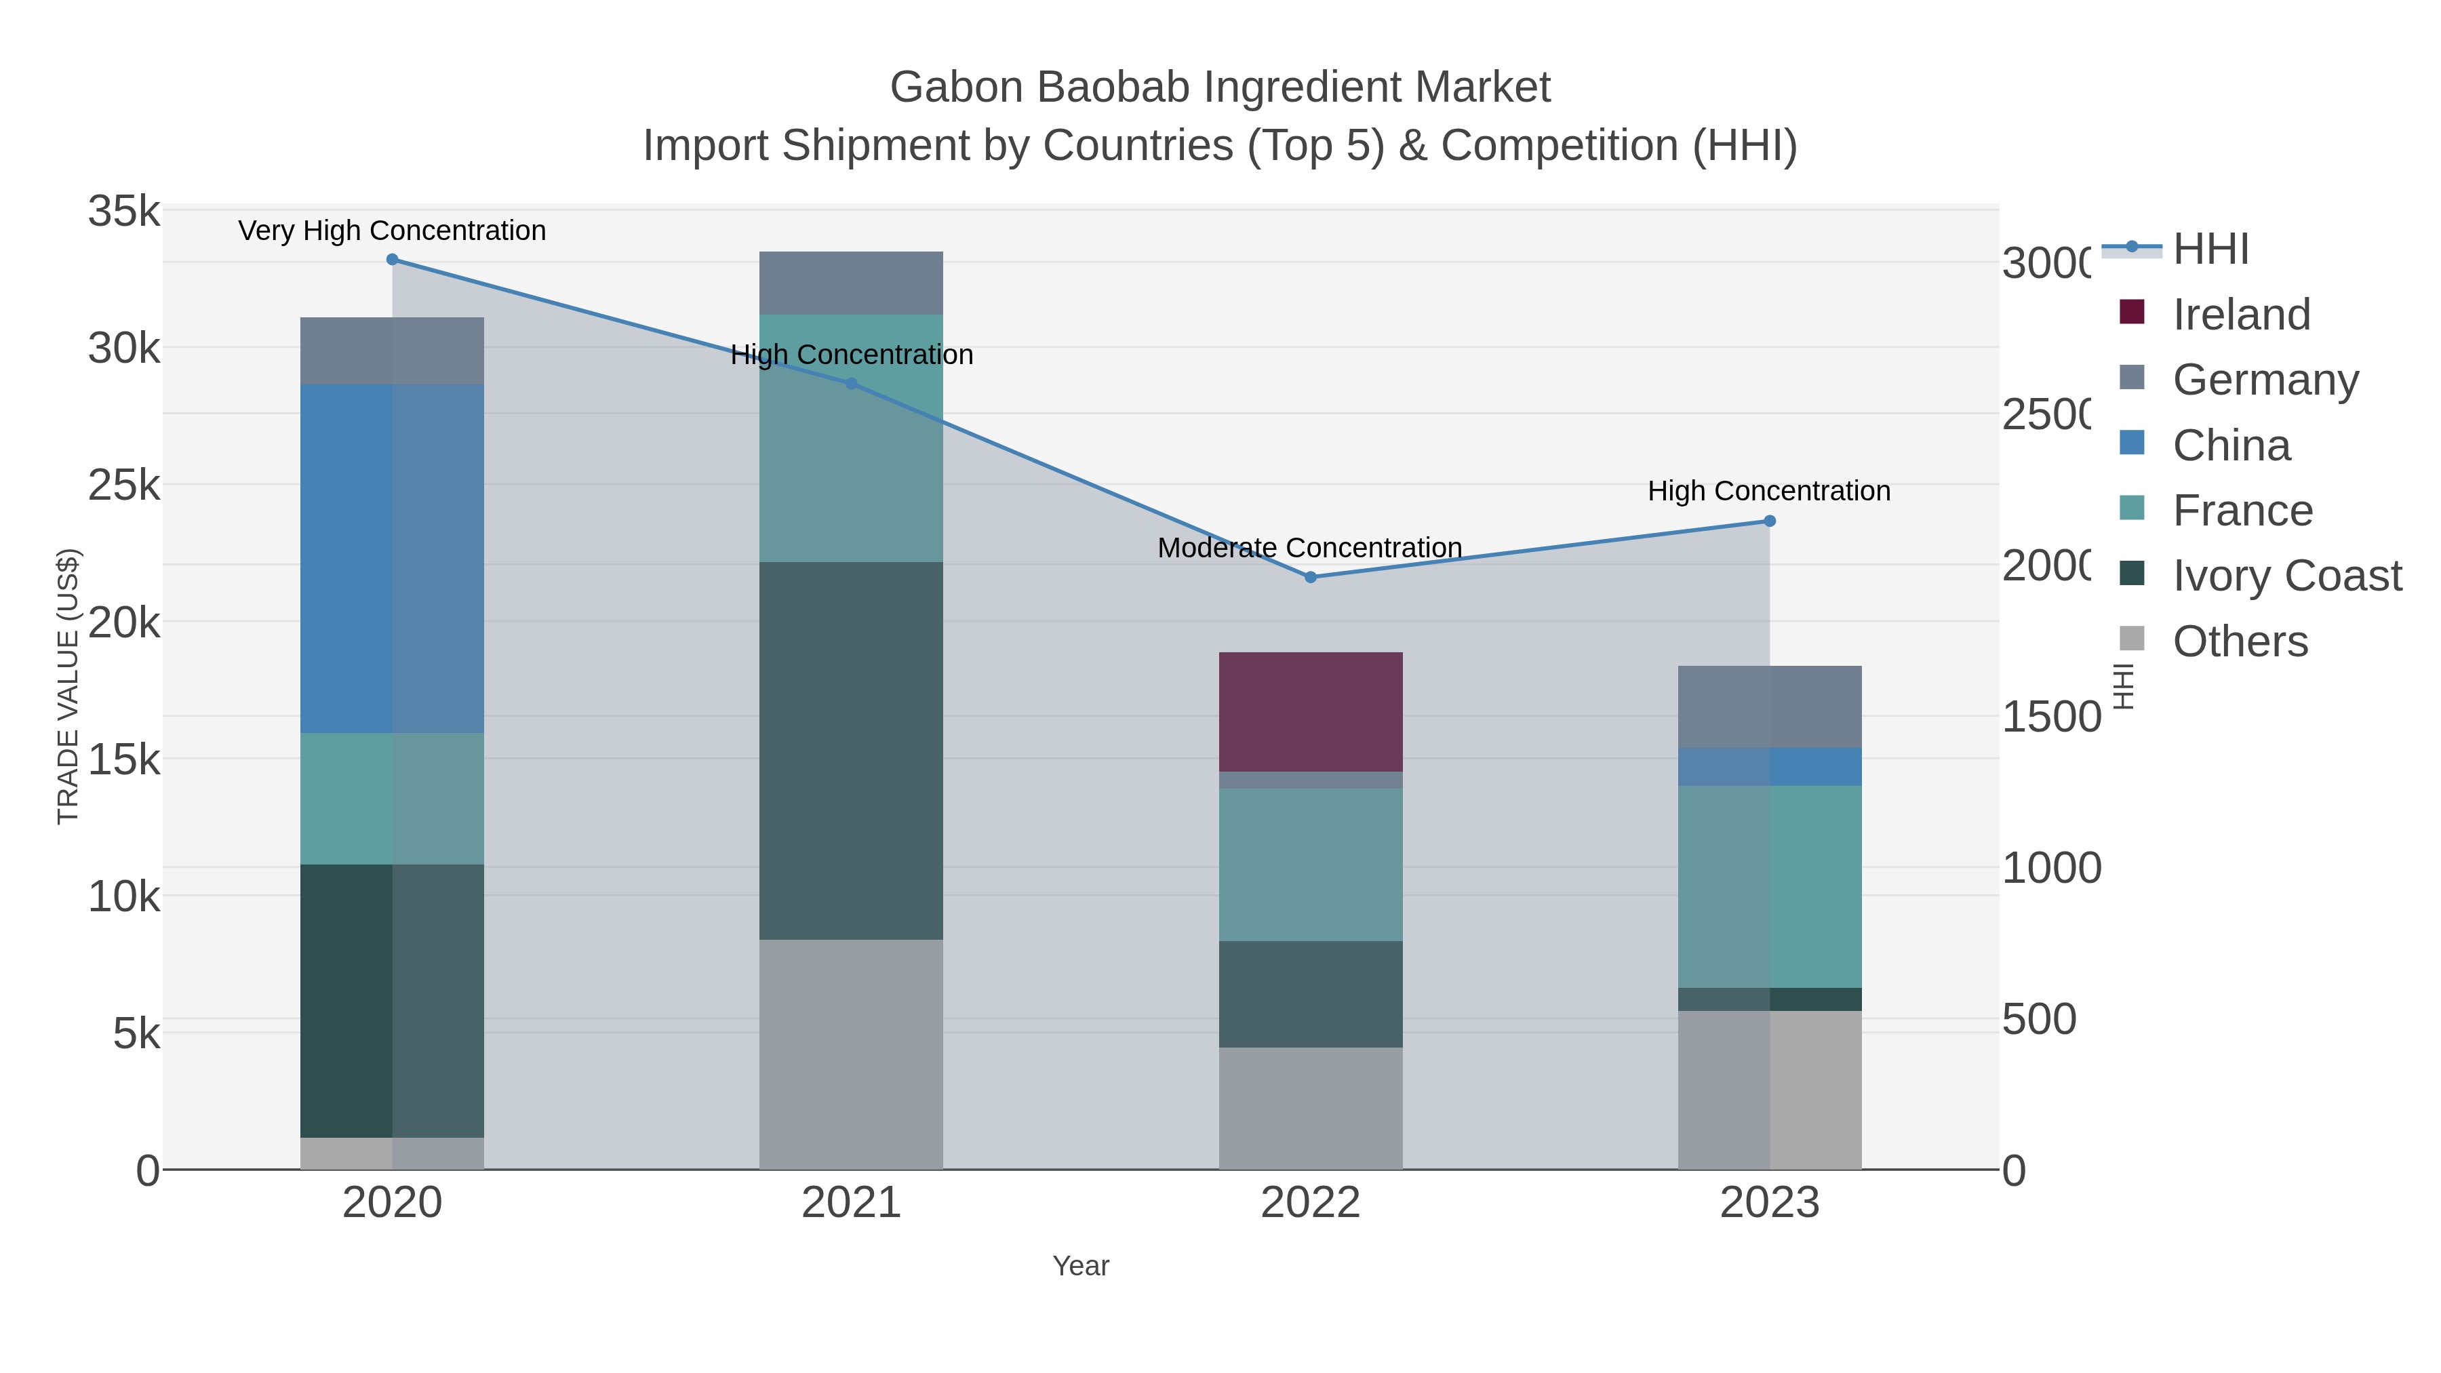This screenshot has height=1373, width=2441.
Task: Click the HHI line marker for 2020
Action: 393,260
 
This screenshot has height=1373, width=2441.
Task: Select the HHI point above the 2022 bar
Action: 1311,577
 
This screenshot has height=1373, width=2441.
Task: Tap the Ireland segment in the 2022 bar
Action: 1311,712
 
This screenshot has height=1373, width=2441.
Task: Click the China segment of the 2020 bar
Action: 393,559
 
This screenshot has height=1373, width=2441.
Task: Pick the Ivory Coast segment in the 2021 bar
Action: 851,751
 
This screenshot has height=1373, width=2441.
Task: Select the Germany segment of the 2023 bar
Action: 1769,707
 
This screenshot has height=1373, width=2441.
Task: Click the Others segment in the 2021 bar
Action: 851,1054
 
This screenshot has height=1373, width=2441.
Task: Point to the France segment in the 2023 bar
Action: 1769,886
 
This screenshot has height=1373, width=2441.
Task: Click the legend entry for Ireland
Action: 2240,315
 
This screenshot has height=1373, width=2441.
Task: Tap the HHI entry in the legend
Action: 2210,250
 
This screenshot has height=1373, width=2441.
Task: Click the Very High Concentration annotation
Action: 393,231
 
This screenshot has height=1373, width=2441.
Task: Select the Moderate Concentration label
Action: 1309,548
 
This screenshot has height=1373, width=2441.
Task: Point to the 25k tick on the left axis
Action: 124,486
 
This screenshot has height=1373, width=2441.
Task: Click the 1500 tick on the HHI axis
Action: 2050,717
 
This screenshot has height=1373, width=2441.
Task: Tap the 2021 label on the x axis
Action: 851,1203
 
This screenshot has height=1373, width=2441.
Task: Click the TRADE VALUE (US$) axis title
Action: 68,686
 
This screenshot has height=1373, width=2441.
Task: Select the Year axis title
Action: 1080,1266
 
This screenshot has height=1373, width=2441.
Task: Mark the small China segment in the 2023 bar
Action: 1769,767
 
